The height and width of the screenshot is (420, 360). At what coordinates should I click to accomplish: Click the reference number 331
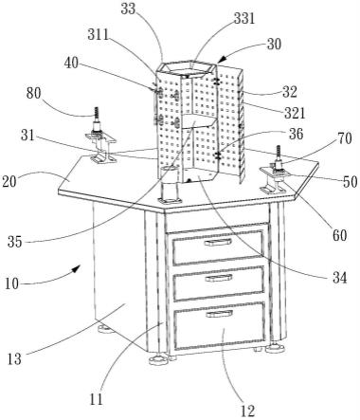(244, 19)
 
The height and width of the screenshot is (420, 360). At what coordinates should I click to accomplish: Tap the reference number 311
(99, 35)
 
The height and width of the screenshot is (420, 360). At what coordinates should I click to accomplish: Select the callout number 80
(34, 94)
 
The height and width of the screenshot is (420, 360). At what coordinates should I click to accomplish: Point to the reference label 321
(295, 113)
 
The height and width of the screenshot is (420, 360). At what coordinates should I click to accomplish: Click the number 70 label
(344, 138)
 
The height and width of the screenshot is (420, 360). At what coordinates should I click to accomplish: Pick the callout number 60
(339, 235)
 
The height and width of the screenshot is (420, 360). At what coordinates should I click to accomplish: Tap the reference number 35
(15, 242)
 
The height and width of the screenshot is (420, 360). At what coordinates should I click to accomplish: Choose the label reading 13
(14, 359)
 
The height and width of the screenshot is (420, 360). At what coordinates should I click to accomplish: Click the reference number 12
(247, 411)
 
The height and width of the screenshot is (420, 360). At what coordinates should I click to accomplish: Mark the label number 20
(9, 182)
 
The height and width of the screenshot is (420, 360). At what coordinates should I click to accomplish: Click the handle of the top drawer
(218, 243)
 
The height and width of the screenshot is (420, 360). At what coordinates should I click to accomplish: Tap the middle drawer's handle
(219, 278)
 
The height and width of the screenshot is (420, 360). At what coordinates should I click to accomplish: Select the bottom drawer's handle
(220, 314)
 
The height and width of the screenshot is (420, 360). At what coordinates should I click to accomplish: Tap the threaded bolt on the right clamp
(279, 155)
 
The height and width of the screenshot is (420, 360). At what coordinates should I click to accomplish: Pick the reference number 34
(339, 278)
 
